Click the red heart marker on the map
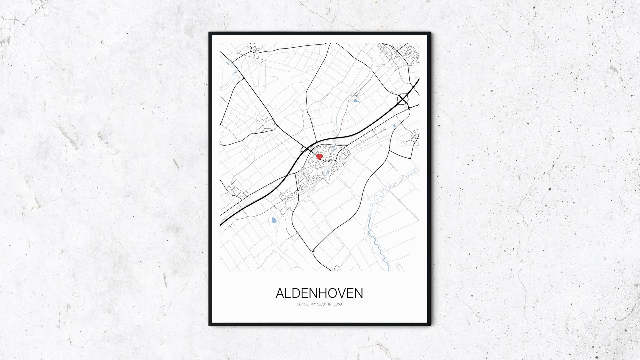coord(319,156)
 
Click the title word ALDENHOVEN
coord(319,293)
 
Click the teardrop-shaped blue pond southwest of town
coord(274,220)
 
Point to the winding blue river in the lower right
coord(377,233)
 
